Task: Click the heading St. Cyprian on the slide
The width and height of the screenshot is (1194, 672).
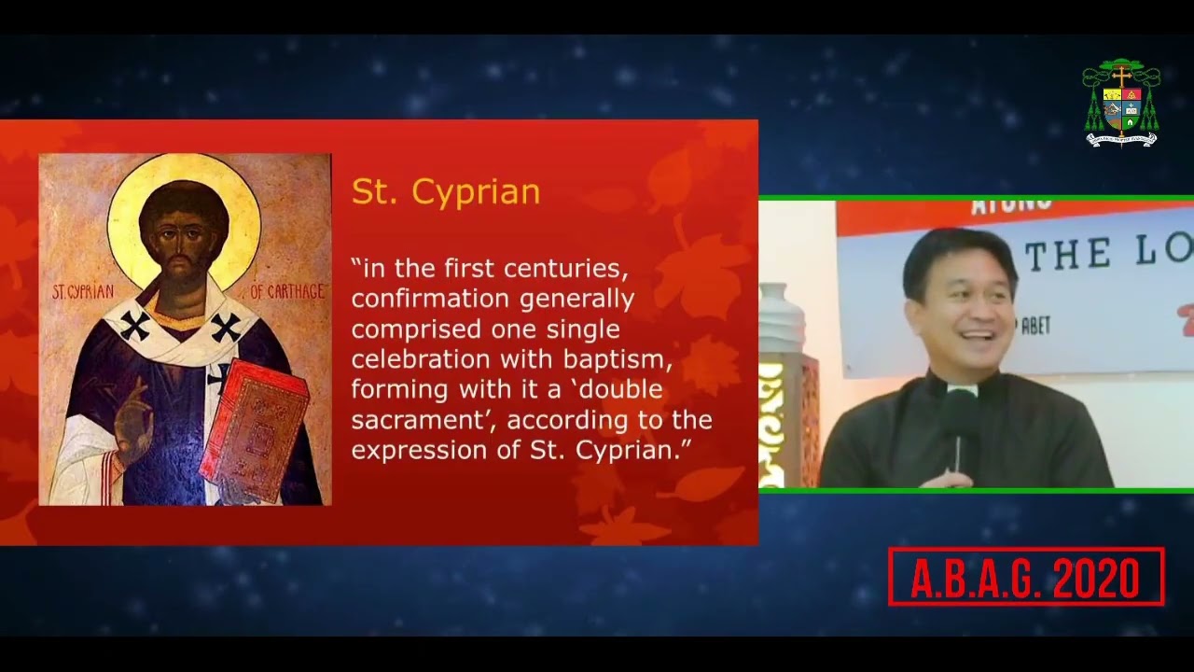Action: pyautogui.click(x=445, y=191)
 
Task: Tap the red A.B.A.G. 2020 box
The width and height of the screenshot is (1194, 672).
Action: pyautogui.click(x=1025, y=578)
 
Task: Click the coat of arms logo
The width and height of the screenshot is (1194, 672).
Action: pyautogui.click(x=1121, y=104)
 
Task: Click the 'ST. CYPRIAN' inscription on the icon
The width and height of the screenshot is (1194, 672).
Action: pyautogui.click(x=83, y=292)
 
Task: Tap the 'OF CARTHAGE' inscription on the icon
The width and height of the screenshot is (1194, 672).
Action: pyautogui.click(x=287, y=292)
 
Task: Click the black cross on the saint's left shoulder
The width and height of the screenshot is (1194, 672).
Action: pyautogui.click(x=134, y=327)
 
